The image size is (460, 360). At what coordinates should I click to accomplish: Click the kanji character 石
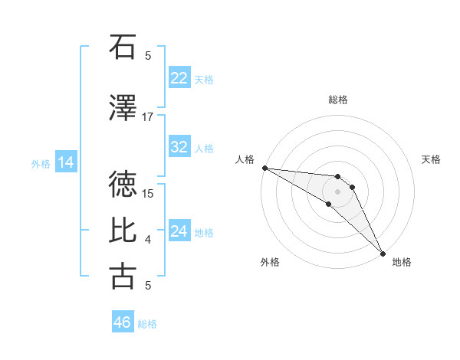(x=123, y=47)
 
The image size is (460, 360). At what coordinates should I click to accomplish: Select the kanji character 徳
(x=123, y=184)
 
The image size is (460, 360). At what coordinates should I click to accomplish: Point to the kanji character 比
(x=123, y=231)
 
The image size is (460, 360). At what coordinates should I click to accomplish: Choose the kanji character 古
(x=123, y=276)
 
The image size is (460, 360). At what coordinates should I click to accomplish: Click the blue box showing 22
(x=179, y=78)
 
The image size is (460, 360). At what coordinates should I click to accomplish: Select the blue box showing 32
(x=179, y=147)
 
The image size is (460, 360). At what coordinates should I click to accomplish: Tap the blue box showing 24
(x=179, y=231)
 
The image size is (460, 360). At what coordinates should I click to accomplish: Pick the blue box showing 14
(x=65, y=162)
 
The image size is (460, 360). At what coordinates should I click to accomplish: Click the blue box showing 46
(x=123, y=322)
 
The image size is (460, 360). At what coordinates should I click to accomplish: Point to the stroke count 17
(x=148, y=117)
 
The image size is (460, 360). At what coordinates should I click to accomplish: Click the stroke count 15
(x=148, y=193)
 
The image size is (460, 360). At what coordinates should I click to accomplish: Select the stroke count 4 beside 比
(x=148, y=240)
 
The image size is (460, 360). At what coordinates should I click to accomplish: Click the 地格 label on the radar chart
(x=402, y=262)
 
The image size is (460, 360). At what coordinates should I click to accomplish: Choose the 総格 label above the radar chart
(x=337, y=100)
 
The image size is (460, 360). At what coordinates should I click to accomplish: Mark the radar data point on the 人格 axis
(x=264, y=168)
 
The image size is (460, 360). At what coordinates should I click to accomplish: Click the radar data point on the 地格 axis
(x=383, y=253)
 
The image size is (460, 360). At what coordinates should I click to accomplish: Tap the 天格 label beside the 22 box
(x=204, y=79)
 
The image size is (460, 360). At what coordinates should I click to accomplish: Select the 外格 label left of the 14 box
(x=40, y=163)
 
